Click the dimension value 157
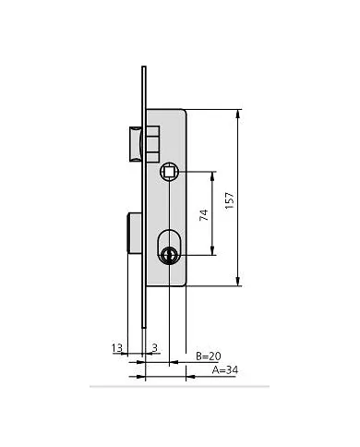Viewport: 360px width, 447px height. tap(230, 200)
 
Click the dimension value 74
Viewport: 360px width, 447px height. tap(204, 215)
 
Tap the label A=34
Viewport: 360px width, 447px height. tap(225, 370)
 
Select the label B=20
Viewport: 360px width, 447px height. tap(209, 356)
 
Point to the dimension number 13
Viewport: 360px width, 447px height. tap(117, 348)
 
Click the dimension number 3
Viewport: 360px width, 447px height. tap(155, 348)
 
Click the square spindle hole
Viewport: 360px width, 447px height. tap(169, 171)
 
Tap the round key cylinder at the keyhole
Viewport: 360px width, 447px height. tap(169, 255)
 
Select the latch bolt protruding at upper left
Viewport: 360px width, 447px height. tap(136, 143)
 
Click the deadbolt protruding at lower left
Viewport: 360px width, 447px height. tap(134, 233)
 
